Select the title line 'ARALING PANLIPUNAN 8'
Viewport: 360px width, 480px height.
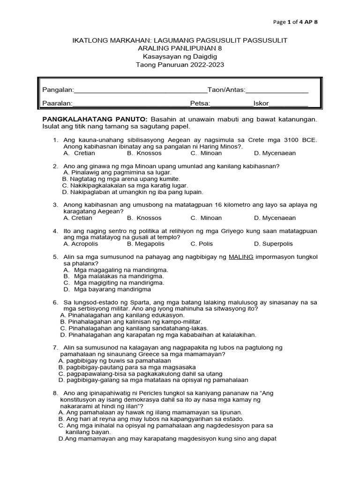tap(180, 49)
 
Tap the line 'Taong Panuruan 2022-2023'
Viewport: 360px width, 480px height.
tap(180, 65)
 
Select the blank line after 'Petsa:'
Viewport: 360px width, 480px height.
tap(232, 104)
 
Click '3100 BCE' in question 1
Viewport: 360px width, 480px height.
tap(303, 140)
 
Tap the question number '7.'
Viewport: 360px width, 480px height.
tap(55, 348)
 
